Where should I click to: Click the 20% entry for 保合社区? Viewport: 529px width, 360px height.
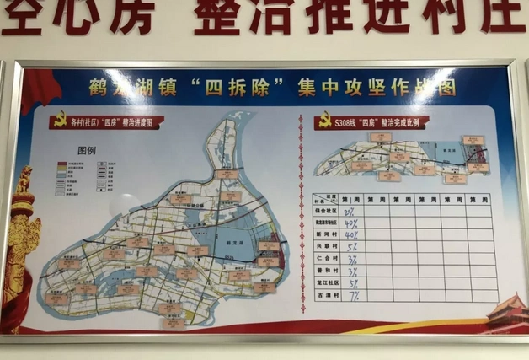350,212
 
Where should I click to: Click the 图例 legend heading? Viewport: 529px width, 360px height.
88,150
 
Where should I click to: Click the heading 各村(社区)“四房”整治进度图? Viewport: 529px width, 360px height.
114,123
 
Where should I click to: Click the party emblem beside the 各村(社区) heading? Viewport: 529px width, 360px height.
60,121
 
